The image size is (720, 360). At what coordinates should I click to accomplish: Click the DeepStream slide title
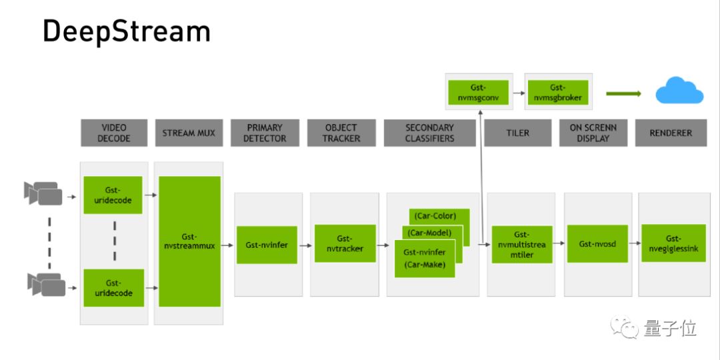pos(127,31)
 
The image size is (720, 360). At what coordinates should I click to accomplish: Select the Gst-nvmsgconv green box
pos(479,93)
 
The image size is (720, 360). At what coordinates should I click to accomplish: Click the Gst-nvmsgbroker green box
pos(557,93)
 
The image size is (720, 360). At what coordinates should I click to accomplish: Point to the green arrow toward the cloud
pos(623,93)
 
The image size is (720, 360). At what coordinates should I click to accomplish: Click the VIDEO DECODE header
pos(114,133)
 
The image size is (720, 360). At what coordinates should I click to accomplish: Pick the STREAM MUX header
pos(189,133)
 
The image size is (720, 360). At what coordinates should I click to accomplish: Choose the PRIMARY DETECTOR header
pos(265,133)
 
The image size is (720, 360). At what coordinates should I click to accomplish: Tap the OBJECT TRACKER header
pos(342,133)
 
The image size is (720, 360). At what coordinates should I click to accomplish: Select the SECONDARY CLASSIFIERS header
pos(429,133)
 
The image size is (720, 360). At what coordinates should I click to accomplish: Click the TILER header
pos(517,133)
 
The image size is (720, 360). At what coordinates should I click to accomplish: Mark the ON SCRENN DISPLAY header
pos(593,133)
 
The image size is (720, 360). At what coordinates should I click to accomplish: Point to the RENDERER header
pos(671,133)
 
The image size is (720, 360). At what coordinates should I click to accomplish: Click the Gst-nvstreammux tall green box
pos(189,241)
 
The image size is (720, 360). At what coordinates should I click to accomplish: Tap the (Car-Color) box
pos(439,216)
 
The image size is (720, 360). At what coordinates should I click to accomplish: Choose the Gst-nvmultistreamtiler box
pos(521,245)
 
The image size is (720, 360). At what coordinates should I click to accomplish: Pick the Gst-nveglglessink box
pos(673,244)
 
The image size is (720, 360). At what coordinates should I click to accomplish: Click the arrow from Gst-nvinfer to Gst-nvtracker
pos(305,245)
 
